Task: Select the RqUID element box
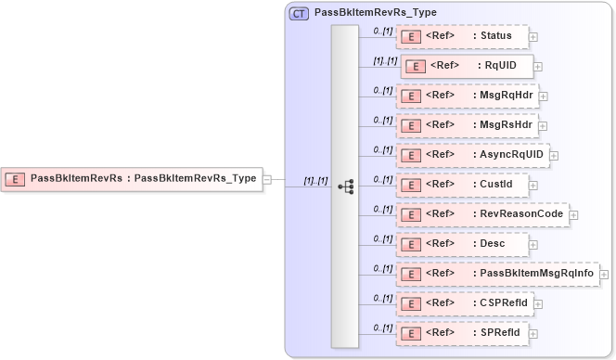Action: pyautogui.click(x=467, y=66)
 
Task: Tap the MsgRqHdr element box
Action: pyautogui.click(x=468, y=96)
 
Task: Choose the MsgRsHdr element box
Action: pyautogui.click(x=468, y=125)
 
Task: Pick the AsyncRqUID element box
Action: pyautogui.click(x=473, y=155)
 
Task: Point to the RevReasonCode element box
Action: pyautogui.click(x=482, y=214)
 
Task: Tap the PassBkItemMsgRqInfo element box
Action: pyautogui.click(x=498, y=274)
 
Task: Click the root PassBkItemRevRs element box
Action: pyautogui.click(x=131, y=178)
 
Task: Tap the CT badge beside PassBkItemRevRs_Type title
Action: pyautogui.click(x=300, y=13)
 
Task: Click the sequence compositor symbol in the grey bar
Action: pyautogui.click(x=345, y=186)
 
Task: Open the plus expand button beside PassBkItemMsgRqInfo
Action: pyautogui.click(x=604, y=275)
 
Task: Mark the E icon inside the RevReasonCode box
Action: pyautogui.click(x=409, y=214)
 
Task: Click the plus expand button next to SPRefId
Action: pyautogui.click(x=533, y=334)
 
